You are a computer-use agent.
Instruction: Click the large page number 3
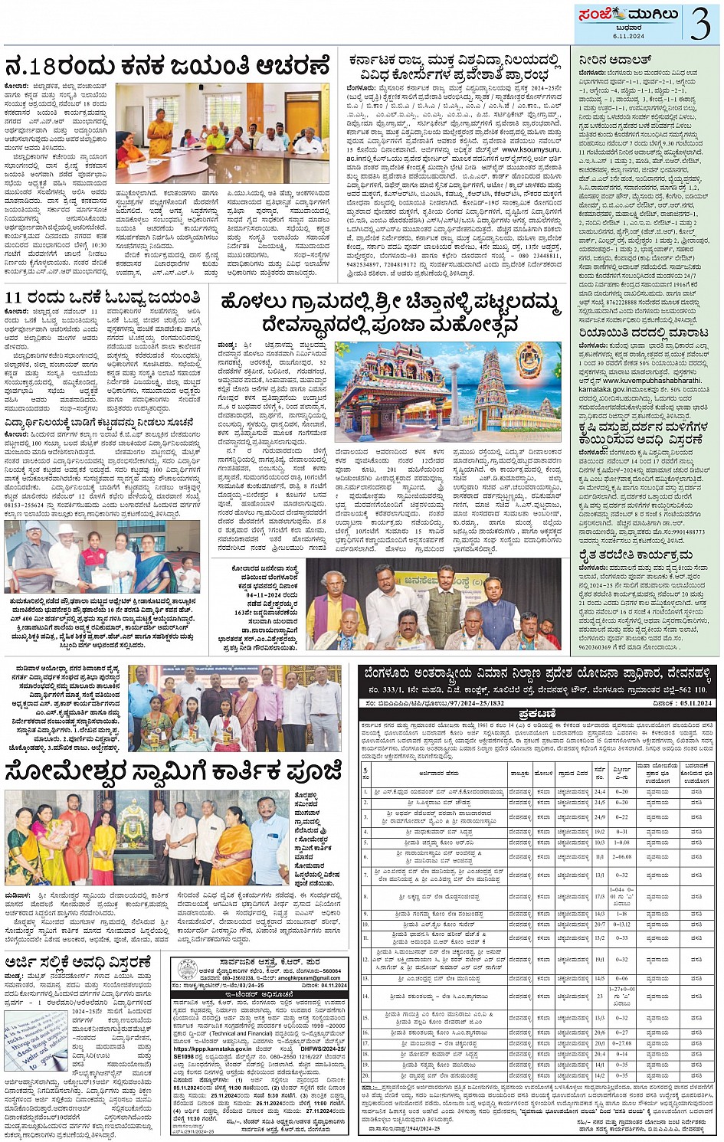point(700,23)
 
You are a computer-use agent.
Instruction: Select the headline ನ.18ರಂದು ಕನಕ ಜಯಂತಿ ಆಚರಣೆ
point(167,66)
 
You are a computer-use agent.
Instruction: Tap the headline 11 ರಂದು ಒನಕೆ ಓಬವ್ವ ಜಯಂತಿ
point(103,297)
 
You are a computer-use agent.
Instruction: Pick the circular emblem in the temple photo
point(528,358)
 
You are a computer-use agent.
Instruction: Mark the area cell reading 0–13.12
point(622,924)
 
